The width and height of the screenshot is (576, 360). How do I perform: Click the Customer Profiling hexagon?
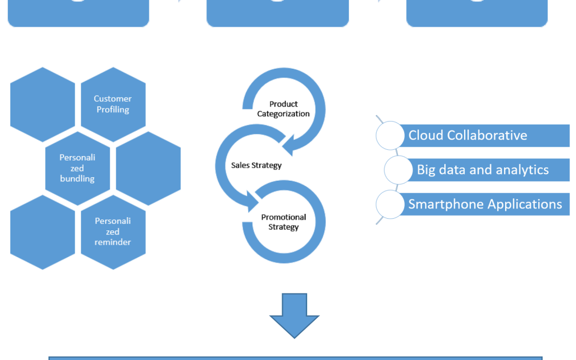point(113,104)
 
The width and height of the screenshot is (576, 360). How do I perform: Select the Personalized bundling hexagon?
point(77,168)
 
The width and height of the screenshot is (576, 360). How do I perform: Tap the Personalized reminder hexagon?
point(113,231)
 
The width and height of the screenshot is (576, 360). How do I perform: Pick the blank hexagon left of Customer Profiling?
point(43,104)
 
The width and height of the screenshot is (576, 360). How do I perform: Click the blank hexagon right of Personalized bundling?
point(148,168)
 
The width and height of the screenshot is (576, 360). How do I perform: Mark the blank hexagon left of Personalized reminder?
point(43,231)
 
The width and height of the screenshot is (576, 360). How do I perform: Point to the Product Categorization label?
point(283,109)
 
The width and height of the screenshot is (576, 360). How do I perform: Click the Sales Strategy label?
point(256,165)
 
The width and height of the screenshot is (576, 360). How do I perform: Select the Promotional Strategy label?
point(283,222)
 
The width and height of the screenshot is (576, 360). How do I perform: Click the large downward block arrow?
point(294,315)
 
